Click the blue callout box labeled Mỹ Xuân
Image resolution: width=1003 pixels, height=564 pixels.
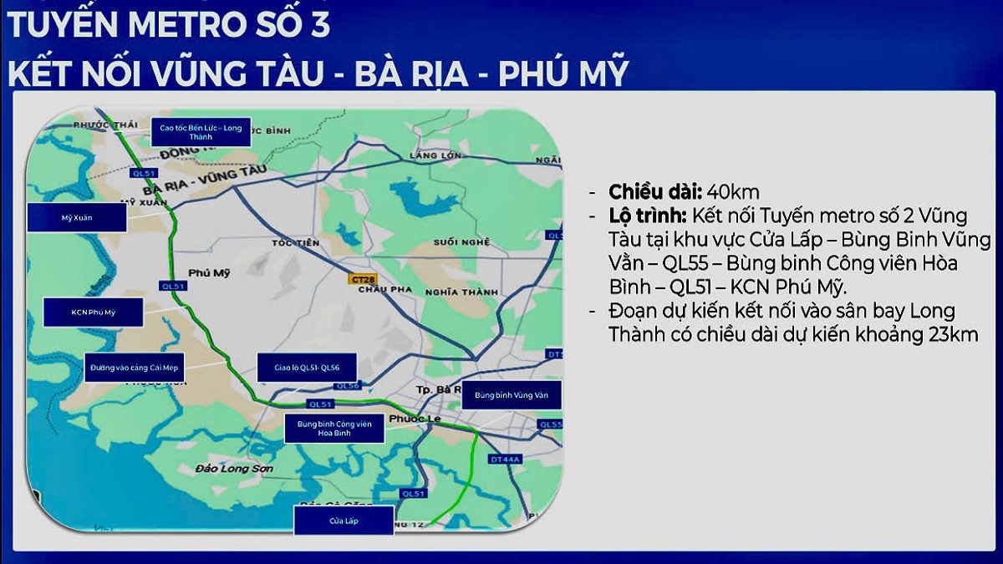click(76, 217)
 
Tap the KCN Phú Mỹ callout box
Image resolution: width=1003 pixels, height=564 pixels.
click(93, 312)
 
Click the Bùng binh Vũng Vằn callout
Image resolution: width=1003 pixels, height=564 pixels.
click(511, 394)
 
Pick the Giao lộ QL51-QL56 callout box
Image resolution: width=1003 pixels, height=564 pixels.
click(307, 367)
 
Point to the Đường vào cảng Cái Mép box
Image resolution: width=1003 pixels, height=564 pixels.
click(136, 367)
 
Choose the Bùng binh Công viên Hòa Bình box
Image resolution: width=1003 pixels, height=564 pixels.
click(334, 429)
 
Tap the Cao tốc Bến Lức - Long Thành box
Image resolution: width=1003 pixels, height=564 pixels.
click(201, 132)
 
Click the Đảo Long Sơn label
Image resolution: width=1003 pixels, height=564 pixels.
click(234, 469)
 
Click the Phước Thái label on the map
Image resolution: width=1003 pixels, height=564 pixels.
click(104, 124)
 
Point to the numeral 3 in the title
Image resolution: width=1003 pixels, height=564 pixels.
click(318, 25)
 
